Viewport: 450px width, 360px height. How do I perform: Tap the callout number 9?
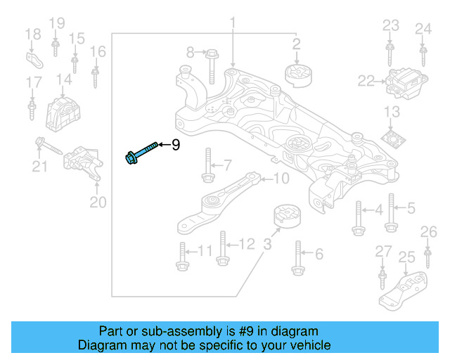coord(176,145)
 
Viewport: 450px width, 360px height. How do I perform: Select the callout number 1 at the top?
coord(232,25)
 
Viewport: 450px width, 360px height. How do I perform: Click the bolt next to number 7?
coord(207,165)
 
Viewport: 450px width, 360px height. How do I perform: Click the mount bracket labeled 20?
coord(83,164)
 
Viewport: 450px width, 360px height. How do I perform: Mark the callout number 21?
coord(39,167)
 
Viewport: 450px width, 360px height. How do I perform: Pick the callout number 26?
coord(428,232)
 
